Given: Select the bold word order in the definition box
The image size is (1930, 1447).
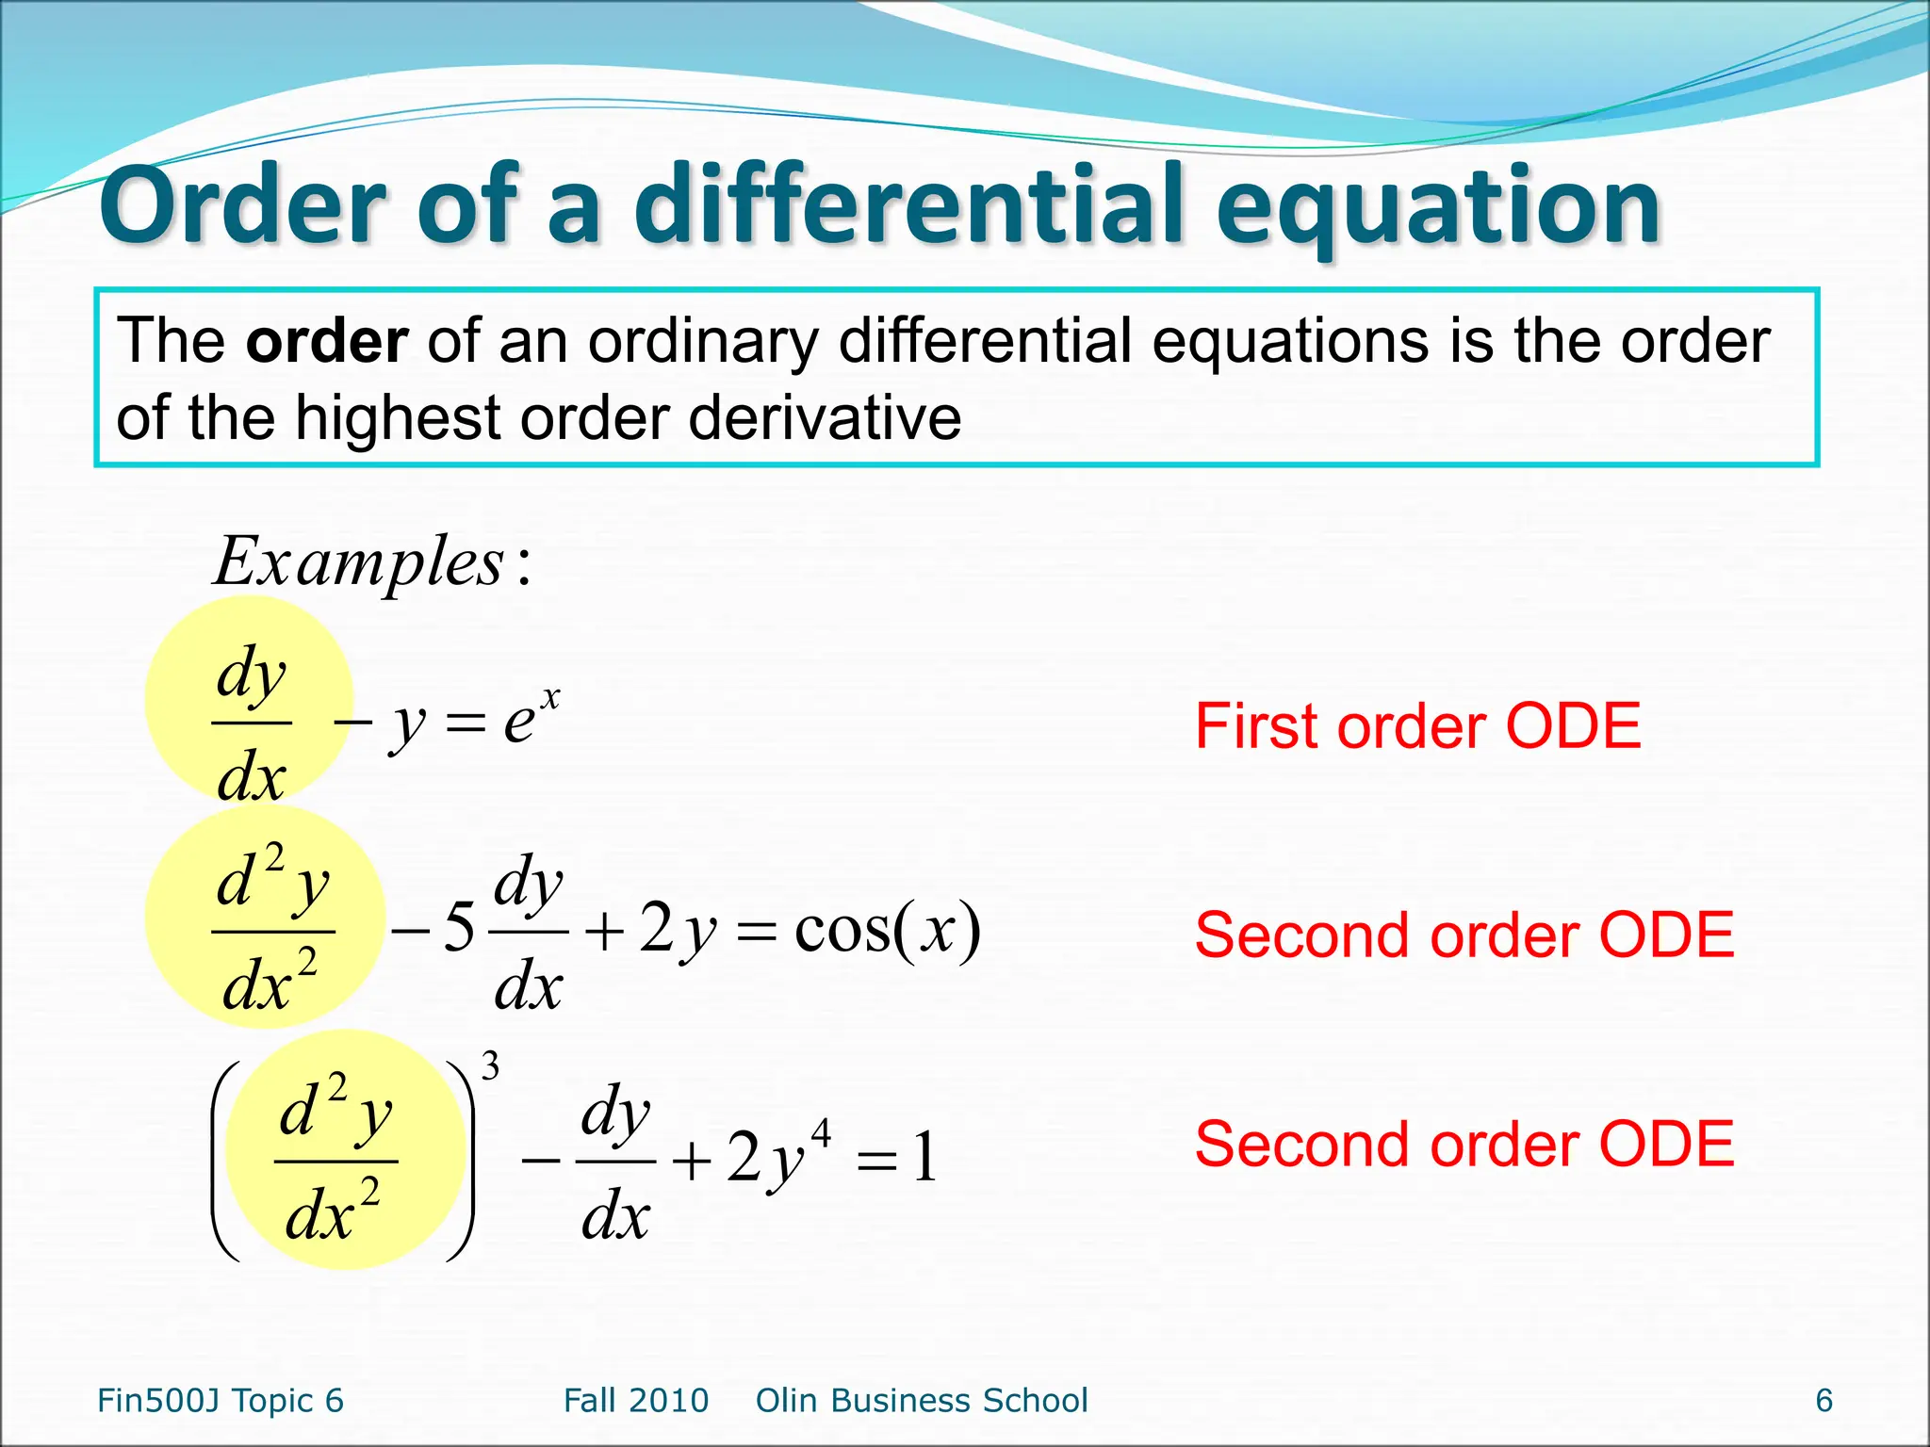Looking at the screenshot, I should tap(326, 341).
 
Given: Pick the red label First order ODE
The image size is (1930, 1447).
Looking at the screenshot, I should tap(1417, 726).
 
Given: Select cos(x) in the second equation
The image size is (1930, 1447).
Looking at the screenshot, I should tap(887, 930).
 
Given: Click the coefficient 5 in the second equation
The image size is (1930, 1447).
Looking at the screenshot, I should tap(458, 928).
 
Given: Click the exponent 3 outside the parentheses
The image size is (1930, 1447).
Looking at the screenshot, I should tap(490, 1067).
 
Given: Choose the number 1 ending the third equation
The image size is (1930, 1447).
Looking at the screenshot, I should tap(925, 1158).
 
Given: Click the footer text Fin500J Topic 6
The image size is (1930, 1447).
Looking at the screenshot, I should tap(221, 1401).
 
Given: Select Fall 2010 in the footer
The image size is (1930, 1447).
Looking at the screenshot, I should tap(635, 1401).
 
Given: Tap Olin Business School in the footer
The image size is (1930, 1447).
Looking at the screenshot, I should tap(922, 1401).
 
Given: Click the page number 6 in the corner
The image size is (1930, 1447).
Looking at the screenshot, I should tap(1824, 1401).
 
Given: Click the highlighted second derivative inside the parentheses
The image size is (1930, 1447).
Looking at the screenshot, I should tap(335, 1162).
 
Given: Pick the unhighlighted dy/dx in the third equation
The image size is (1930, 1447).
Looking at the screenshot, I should tap(615, 1162).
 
